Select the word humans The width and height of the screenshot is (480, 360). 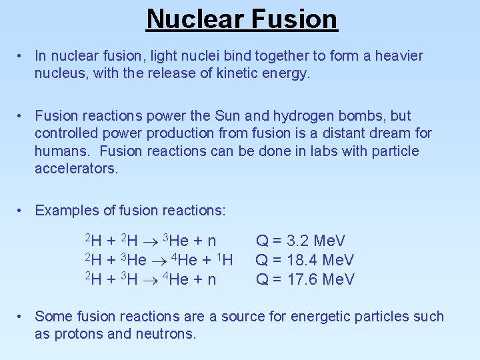[x=60, y=151]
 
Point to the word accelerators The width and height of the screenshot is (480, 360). [x=76, y=169]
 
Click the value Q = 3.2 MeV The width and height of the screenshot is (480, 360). [x=301, y=241]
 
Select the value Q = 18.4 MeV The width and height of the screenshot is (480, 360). [x=305, y=260]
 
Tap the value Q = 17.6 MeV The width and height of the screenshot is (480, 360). [x=305, y=279]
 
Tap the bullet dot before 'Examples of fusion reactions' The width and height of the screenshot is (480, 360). [x=22, y=211]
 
